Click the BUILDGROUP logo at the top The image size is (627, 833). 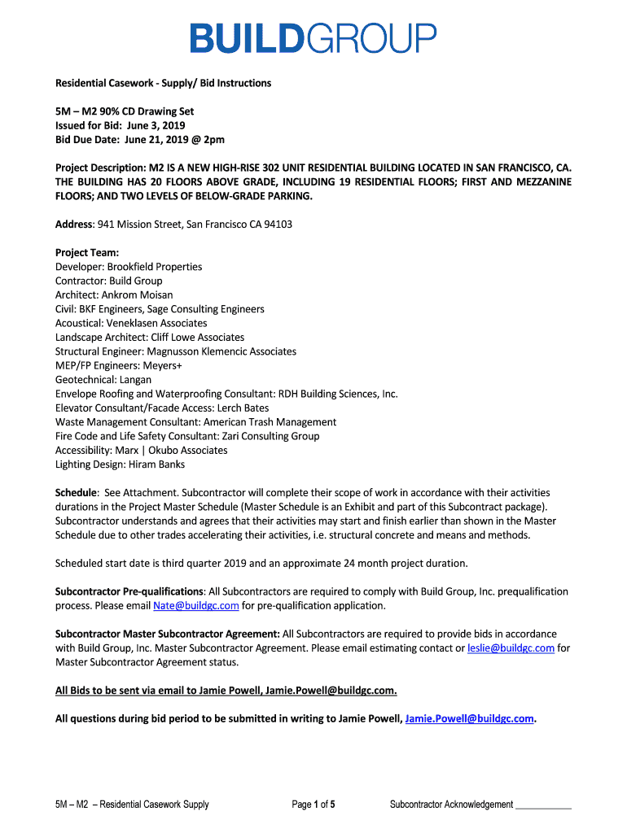(x=313, y=39)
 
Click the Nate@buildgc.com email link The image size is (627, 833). (x=195, y=606)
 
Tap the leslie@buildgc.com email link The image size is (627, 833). (x=511, y=648)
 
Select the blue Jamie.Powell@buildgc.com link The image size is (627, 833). (x=469, y=718)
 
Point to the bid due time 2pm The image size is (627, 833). (x=213, y=140)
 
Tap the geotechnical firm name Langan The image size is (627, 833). (x=136, y=380)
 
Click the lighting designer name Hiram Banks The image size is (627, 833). (x=156, y=464)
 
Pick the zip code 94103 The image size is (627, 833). (x=277, y=225)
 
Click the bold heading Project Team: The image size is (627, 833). (x=87, y=253)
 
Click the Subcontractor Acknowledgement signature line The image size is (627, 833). (x=544, y=805)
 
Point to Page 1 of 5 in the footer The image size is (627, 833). (x=313, y=805)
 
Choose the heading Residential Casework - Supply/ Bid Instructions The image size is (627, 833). (x=163, y=83)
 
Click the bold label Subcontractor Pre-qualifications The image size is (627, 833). (x=129, y=591)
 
